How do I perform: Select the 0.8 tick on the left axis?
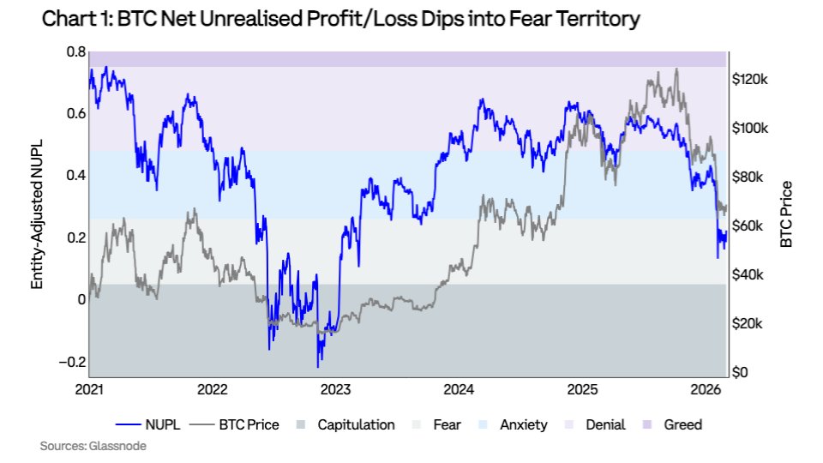[x=75, y=52]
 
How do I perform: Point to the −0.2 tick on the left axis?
[x=72, y=361]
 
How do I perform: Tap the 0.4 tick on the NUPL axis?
[x=75, y=176]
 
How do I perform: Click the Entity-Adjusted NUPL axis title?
[x=38, y=214]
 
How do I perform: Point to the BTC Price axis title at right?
[x=786, y=214]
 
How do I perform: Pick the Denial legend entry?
[x=597, y=424]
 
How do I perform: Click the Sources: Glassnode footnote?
[x=85, y=446]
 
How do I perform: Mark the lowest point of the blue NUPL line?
[x=319, y=367]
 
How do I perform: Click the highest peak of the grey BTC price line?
[x=676, y=69]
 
